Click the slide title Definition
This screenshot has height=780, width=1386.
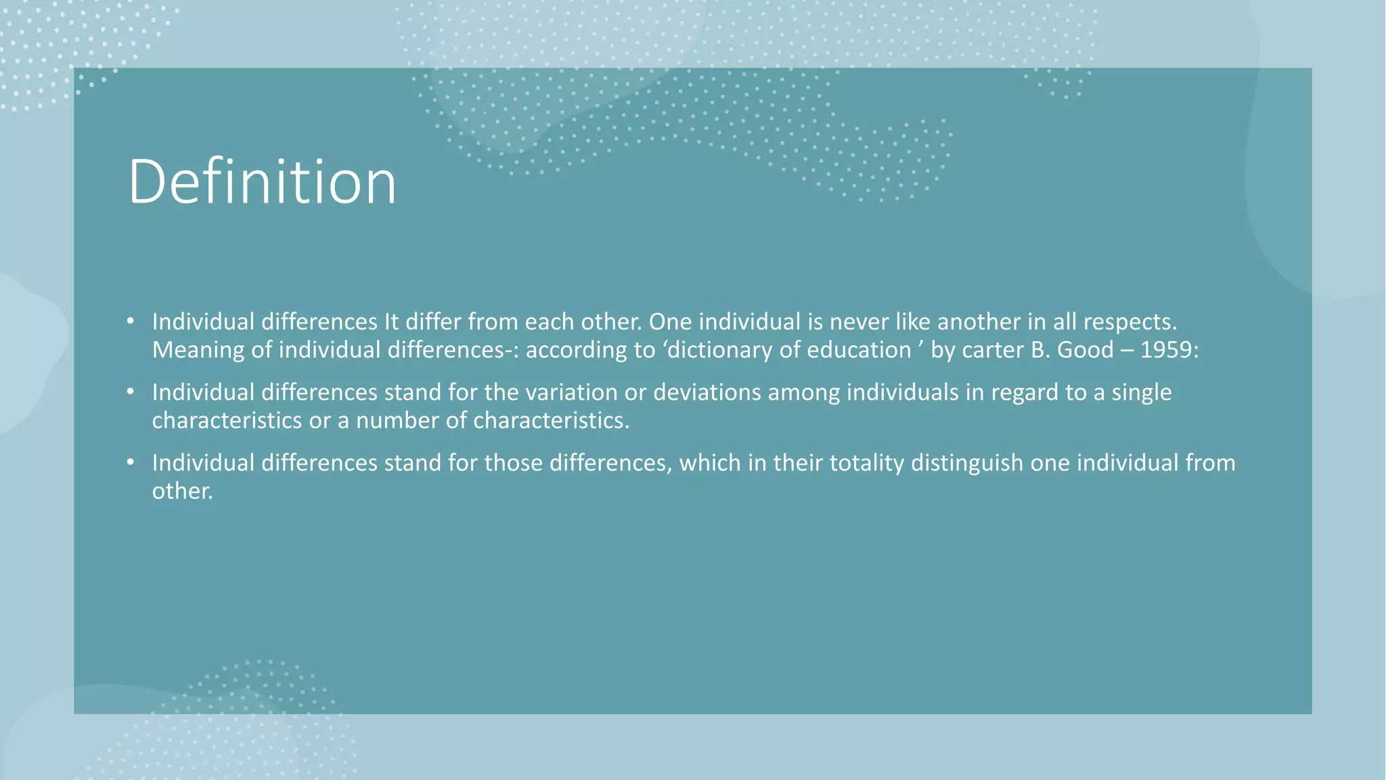click(x=262, y=181)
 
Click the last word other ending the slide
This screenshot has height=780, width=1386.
click(x=181, y=491)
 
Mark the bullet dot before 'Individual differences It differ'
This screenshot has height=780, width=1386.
click(x=131, y=321)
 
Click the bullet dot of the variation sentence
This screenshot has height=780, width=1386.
click(x=131, y=391)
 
